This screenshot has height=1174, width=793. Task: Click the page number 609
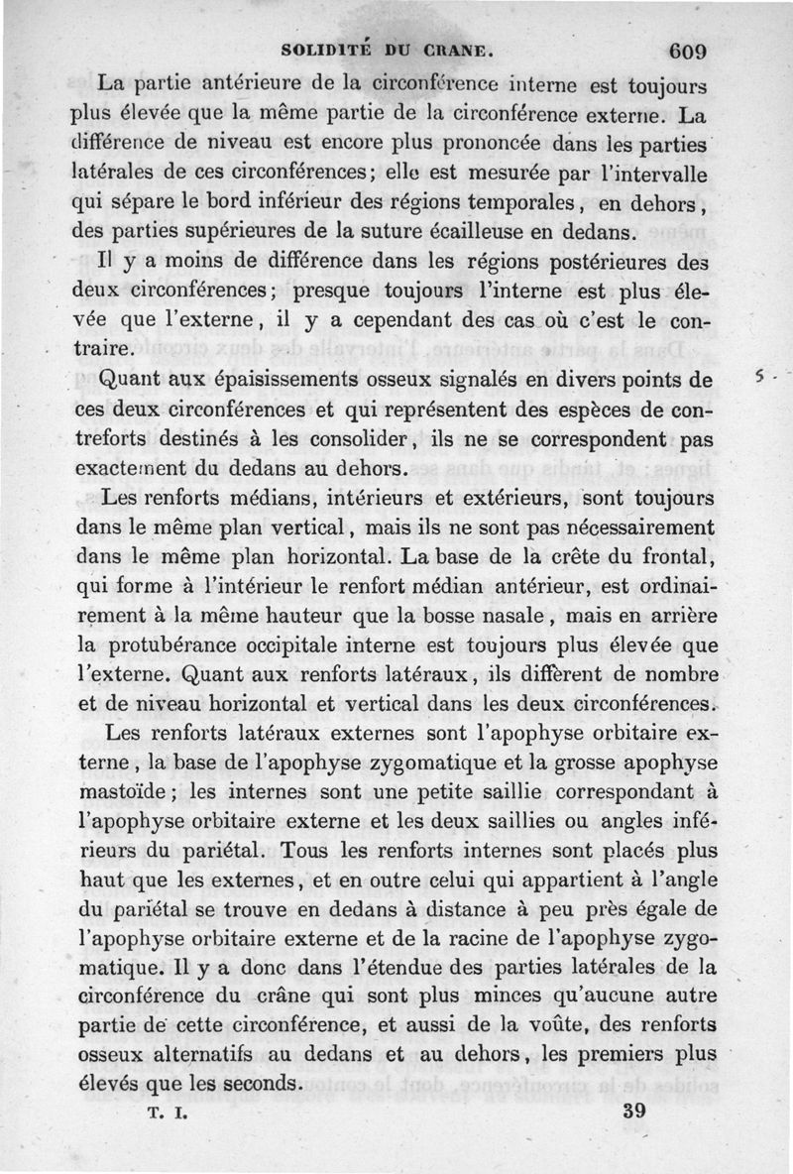coord(686,51)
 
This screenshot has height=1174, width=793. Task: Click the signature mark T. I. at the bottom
coord(169,1113)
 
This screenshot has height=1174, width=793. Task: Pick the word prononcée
coord(378,146)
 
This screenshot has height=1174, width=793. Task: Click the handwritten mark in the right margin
coord(761,378)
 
